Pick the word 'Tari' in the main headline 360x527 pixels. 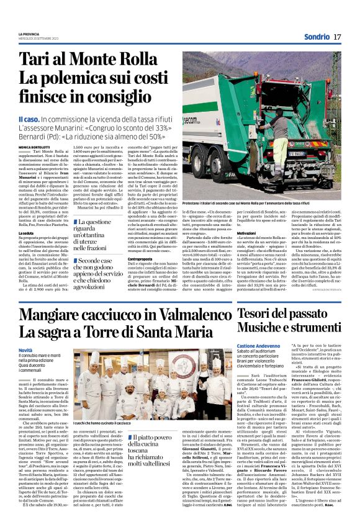37,60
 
